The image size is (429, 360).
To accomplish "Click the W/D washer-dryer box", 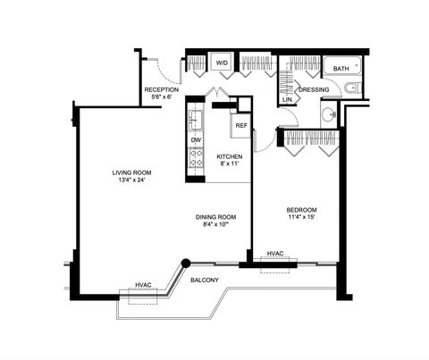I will point(222,63).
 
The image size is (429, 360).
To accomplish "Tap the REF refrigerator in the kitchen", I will point(241,125).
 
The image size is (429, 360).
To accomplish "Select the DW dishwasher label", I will point(196,140).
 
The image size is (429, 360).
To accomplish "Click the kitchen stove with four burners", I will point(196,158).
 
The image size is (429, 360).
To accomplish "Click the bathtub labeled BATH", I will point(342,68).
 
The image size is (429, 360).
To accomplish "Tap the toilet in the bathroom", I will point(350,88).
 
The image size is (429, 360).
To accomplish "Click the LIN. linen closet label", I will point(288,99).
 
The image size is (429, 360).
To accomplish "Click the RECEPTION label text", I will point(162,89).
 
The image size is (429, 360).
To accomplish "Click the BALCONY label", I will point(206,280).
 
